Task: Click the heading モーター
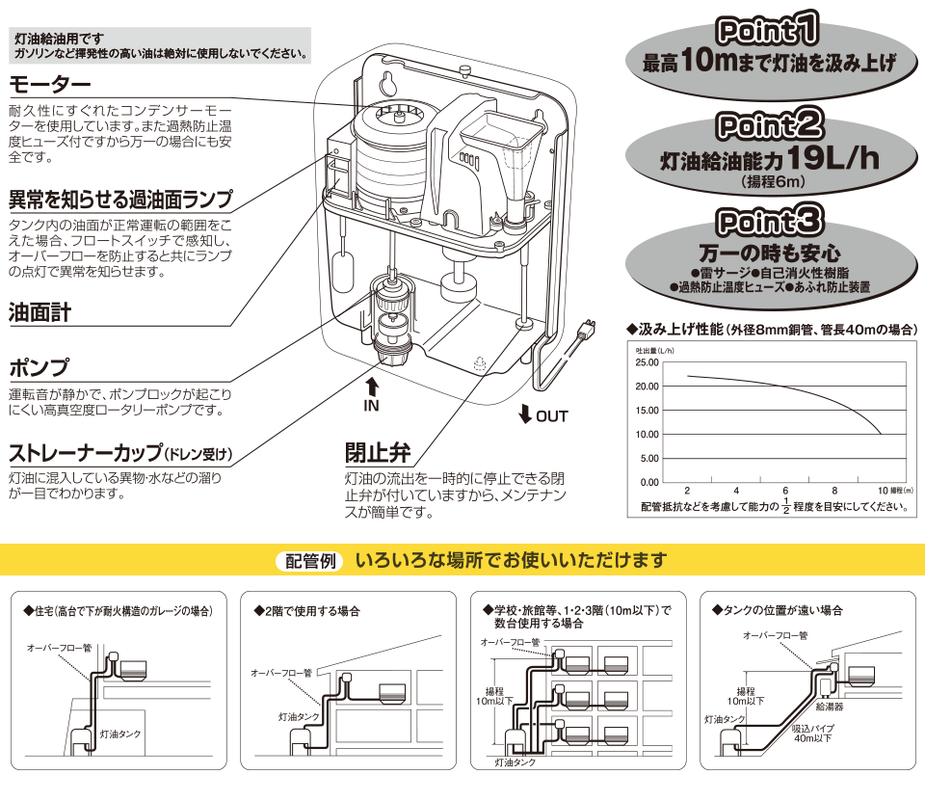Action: (x=49, y=83)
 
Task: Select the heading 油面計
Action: (x=40, y=313)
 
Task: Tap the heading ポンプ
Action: (x=39, y=368)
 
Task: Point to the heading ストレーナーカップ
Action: (x=86, y=453)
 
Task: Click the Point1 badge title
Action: (x=769, y=32)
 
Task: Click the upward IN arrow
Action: (x=372, y=387)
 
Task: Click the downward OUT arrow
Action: (x=525, y=415)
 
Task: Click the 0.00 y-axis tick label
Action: (x=648, y=482)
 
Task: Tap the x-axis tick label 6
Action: (x=786, y=492)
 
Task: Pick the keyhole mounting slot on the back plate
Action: (x=392, y=79)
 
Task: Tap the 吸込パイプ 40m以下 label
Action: (x=811, y=734)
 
